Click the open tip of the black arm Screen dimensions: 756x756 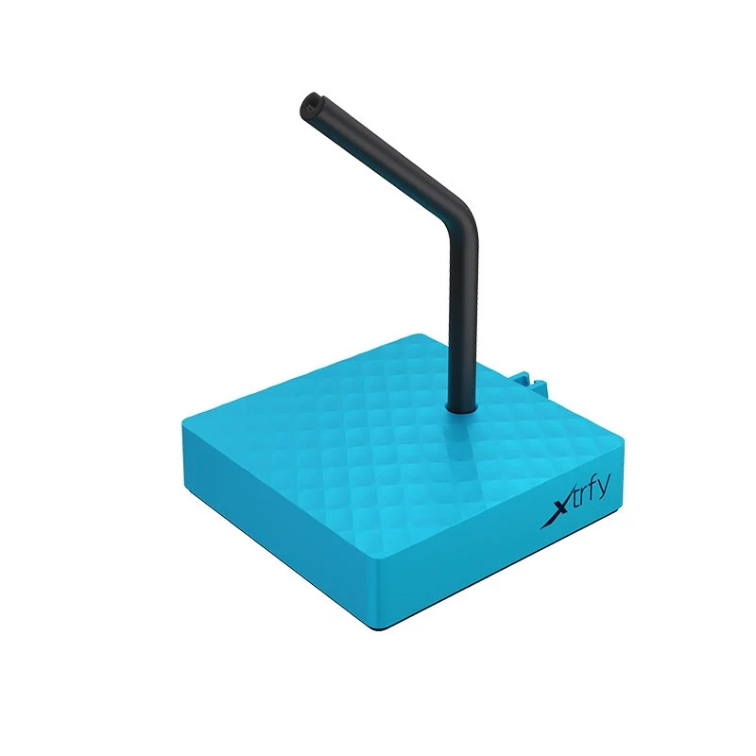[311, 103]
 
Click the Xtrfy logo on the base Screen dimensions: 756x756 [576, 501]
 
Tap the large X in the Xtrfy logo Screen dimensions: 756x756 [555, 513]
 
